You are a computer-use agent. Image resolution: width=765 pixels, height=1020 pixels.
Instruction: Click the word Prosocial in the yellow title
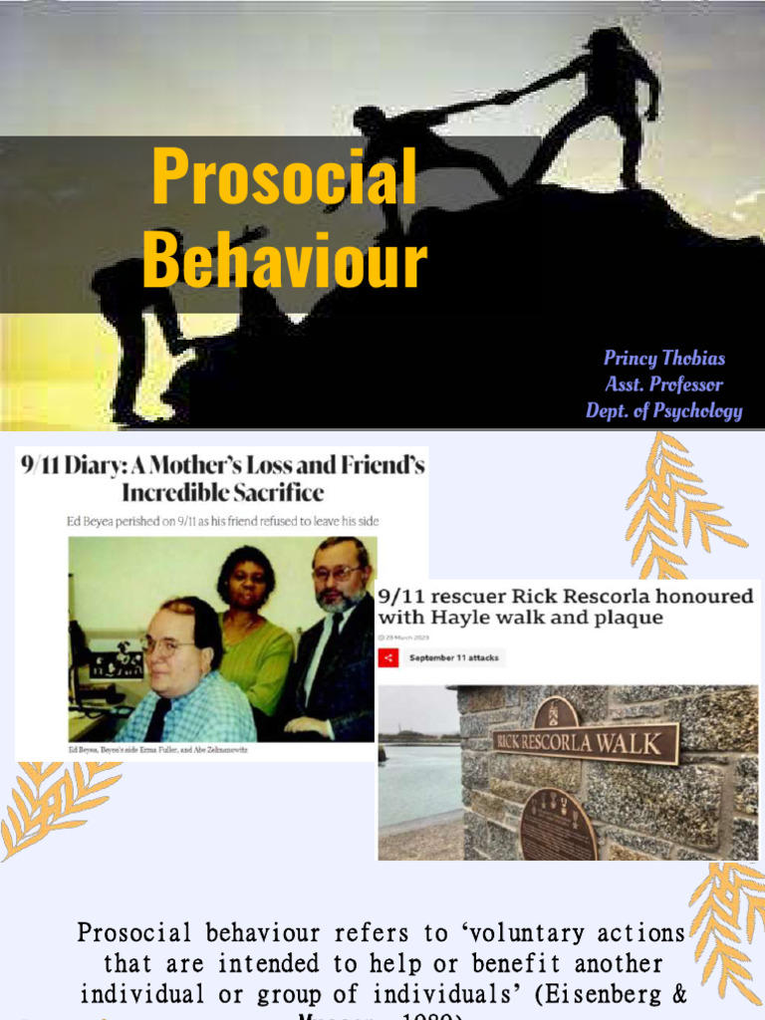284,178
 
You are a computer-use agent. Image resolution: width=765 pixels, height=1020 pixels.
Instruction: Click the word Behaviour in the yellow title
285,261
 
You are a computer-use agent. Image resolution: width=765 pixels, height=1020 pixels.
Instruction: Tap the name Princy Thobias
664,359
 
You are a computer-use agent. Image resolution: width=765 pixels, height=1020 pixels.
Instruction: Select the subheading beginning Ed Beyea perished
222,521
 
